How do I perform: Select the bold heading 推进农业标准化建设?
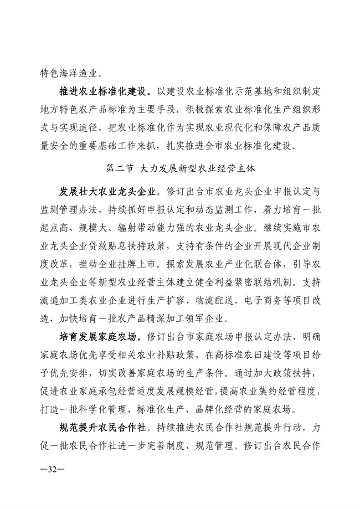(x=105, y=91)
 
